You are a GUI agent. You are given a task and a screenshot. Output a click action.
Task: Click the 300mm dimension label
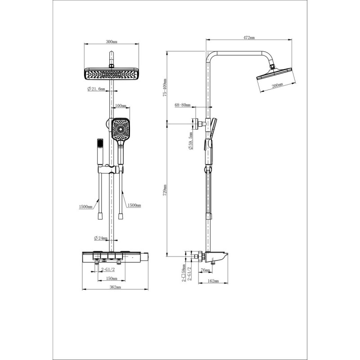112,42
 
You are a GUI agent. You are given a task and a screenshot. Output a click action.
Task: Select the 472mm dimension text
249,38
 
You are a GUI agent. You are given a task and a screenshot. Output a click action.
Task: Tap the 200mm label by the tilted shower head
277,85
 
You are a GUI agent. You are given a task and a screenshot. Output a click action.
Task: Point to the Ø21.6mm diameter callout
96,89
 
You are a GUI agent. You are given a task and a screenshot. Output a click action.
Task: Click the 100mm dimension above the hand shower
121,106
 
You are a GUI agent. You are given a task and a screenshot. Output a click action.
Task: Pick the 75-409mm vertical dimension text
165,87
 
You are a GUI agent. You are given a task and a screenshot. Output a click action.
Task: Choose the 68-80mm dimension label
183,105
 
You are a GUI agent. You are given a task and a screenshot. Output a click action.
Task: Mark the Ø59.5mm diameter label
191,141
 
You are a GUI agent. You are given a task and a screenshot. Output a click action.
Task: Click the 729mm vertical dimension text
165,190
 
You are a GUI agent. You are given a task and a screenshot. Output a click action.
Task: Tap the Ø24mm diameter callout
101,238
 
